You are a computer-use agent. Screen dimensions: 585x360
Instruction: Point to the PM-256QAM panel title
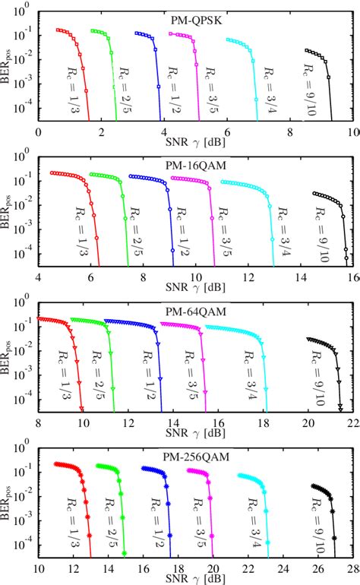pos(197,457)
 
